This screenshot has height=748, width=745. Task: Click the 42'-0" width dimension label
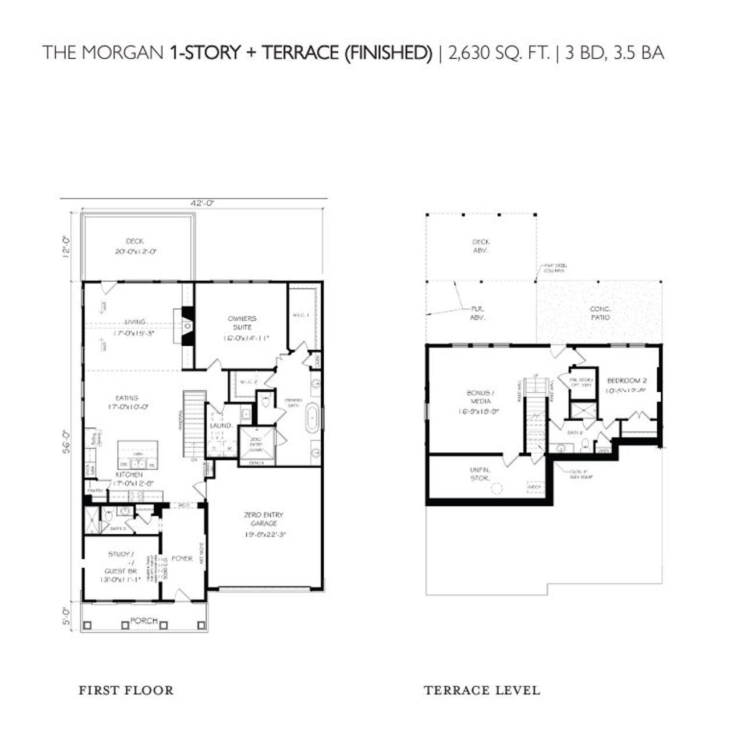pyautogui.click(x=202, y=203)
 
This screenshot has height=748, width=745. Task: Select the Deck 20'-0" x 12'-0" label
pyautogui.click(x=134, y=247)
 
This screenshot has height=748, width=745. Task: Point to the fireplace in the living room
pyautogui.click(x=186, y=327)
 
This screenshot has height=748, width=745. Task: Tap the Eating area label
pyautogui.click(x=127, y=402)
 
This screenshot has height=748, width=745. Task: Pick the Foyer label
pyautogui.click(x=182, y=558)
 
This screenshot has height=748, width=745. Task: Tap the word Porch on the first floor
pyautogui.click(x=143, y=621)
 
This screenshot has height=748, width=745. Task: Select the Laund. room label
pyautogui.click(x=221, y=426)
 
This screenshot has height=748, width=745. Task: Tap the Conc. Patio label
pyautogui.click(x=600, y=313)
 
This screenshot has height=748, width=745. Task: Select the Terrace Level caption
pyautogui.click(x=482, y=691)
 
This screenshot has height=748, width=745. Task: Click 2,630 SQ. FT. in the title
pyautogui.click(x=499, y=53)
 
